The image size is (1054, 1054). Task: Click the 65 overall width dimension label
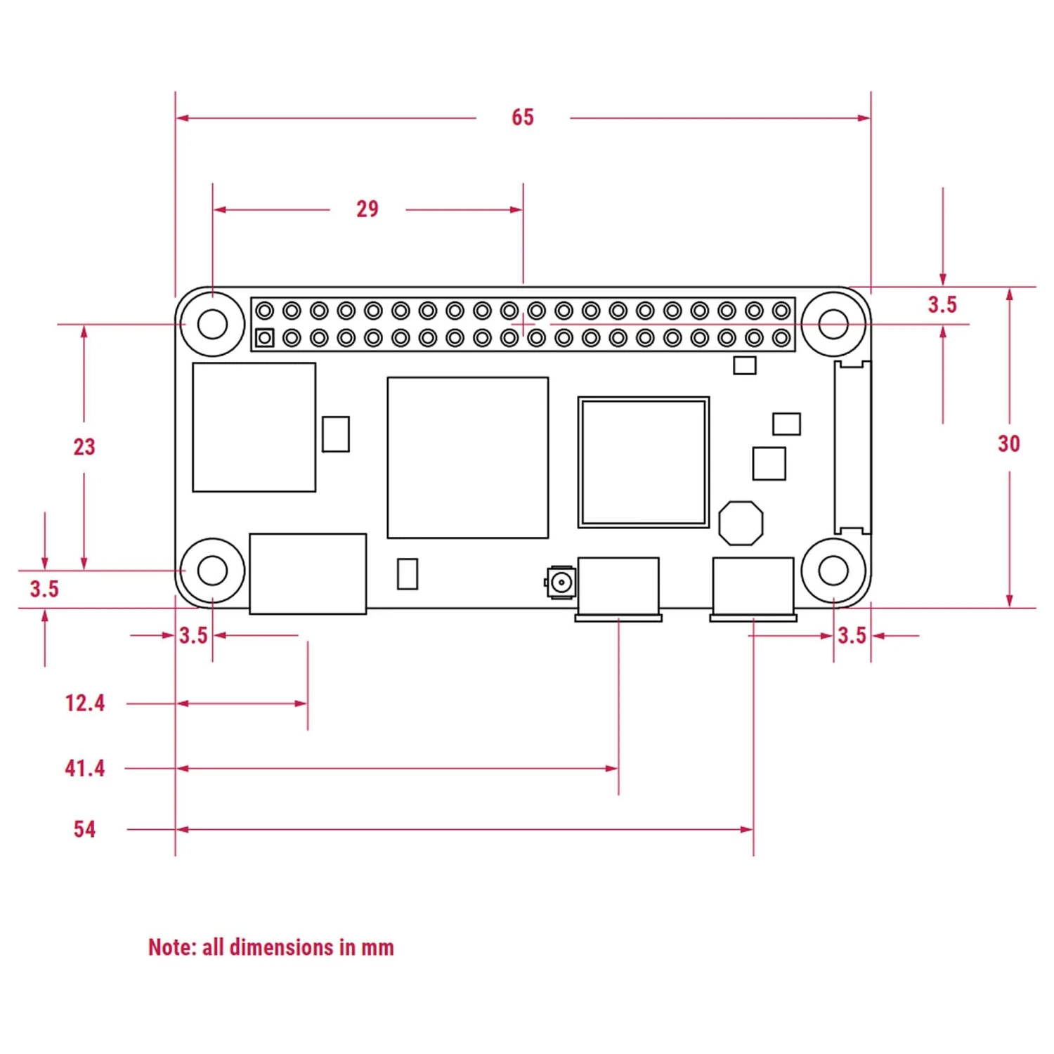click(x=522, y=117)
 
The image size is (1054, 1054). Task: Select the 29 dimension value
click(x=367, y=209)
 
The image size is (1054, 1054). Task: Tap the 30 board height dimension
click(x=1008, y=444)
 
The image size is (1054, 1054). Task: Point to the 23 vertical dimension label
click(x=84, y=447)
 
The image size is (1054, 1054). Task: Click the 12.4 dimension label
click(x=84, y=703)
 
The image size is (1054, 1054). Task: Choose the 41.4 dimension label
click(x=84, y=768)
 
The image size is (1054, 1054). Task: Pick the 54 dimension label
click(x=84, y=829)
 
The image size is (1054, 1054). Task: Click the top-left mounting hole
click(x=212, y=324)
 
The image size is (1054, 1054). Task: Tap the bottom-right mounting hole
click(x=833, y=571)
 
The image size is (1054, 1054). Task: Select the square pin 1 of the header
click(x=264, y=338)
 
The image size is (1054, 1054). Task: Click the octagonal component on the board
click(x=741, y=523)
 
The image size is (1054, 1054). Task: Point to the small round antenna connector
click(x=561, y=582)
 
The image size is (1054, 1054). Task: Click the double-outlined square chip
click(x=643, y=462)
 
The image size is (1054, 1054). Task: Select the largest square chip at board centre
click(x=467, y=457)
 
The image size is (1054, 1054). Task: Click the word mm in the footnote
click(x=377, y=948)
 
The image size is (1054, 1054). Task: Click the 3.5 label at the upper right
click(x=942, y=305)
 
